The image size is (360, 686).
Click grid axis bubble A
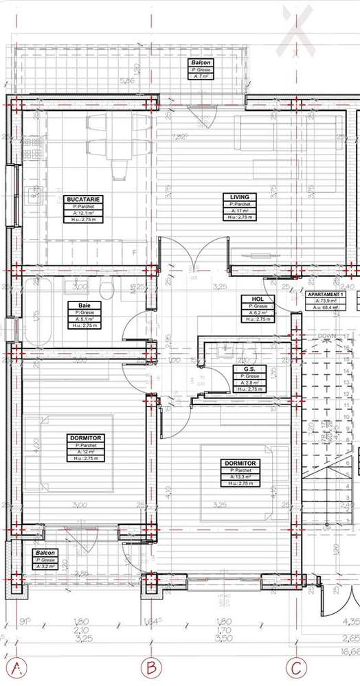pos(18,667)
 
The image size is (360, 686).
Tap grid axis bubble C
pos(296,667)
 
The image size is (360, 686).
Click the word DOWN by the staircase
pos(326,336)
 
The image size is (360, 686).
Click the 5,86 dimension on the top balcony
pos(127,81)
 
